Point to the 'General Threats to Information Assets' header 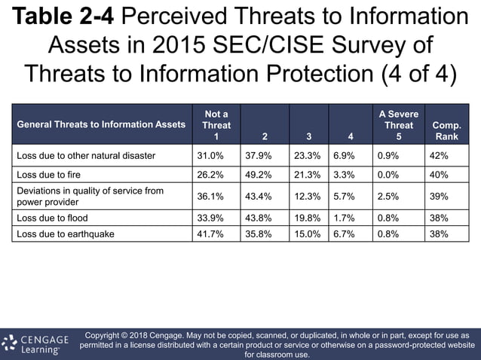101,125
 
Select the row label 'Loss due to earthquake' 66,233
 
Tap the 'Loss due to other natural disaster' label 86,156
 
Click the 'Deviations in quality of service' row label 90,196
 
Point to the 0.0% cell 388,175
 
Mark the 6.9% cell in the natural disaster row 345,156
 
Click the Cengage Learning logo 35,344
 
